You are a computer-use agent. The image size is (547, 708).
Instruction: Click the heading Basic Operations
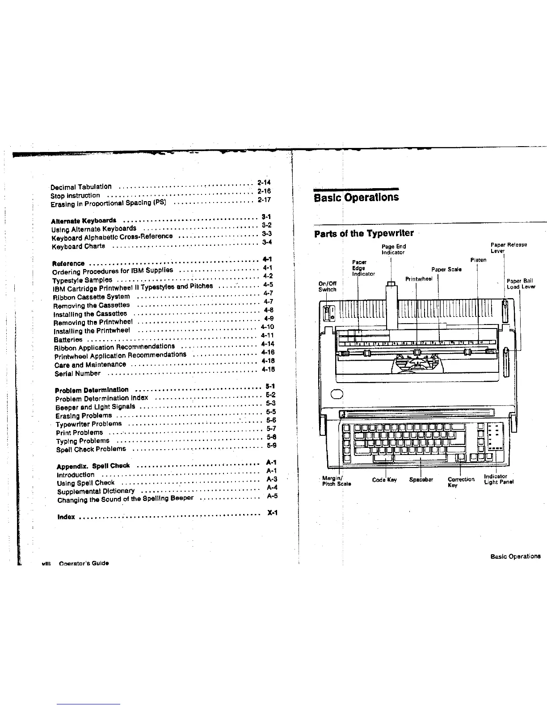pos(357,197)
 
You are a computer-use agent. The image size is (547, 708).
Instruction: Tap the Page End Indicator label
pos(393,249)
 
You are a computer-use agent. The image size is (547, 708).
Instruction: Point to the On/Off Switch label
pos(327,286)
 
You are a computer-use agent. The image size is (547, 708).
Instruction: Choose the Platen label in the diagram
pos(478,260)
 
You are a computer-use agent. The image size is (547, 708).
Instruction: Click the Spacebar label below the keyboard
pos(421,480)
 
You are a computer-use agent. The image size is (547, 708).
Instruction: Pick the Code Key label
pos(384,480)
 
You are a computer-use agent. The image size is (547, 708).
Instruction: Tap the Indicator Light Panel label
pos(498,479)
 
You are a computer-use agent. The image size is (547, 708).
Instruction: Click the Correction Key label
pos(460,482)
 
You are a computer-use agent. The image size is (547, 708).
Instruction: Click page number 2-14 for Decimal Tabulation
pos(264,182)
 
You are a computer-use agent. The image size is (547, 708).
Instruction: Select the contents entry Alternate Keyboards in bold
pos(84,221)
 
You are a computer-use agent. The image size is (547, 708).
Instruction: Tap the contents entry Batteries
pos(68,340)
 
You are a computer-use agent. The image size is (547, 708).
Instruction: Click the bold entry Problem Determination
pos(92,390)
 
